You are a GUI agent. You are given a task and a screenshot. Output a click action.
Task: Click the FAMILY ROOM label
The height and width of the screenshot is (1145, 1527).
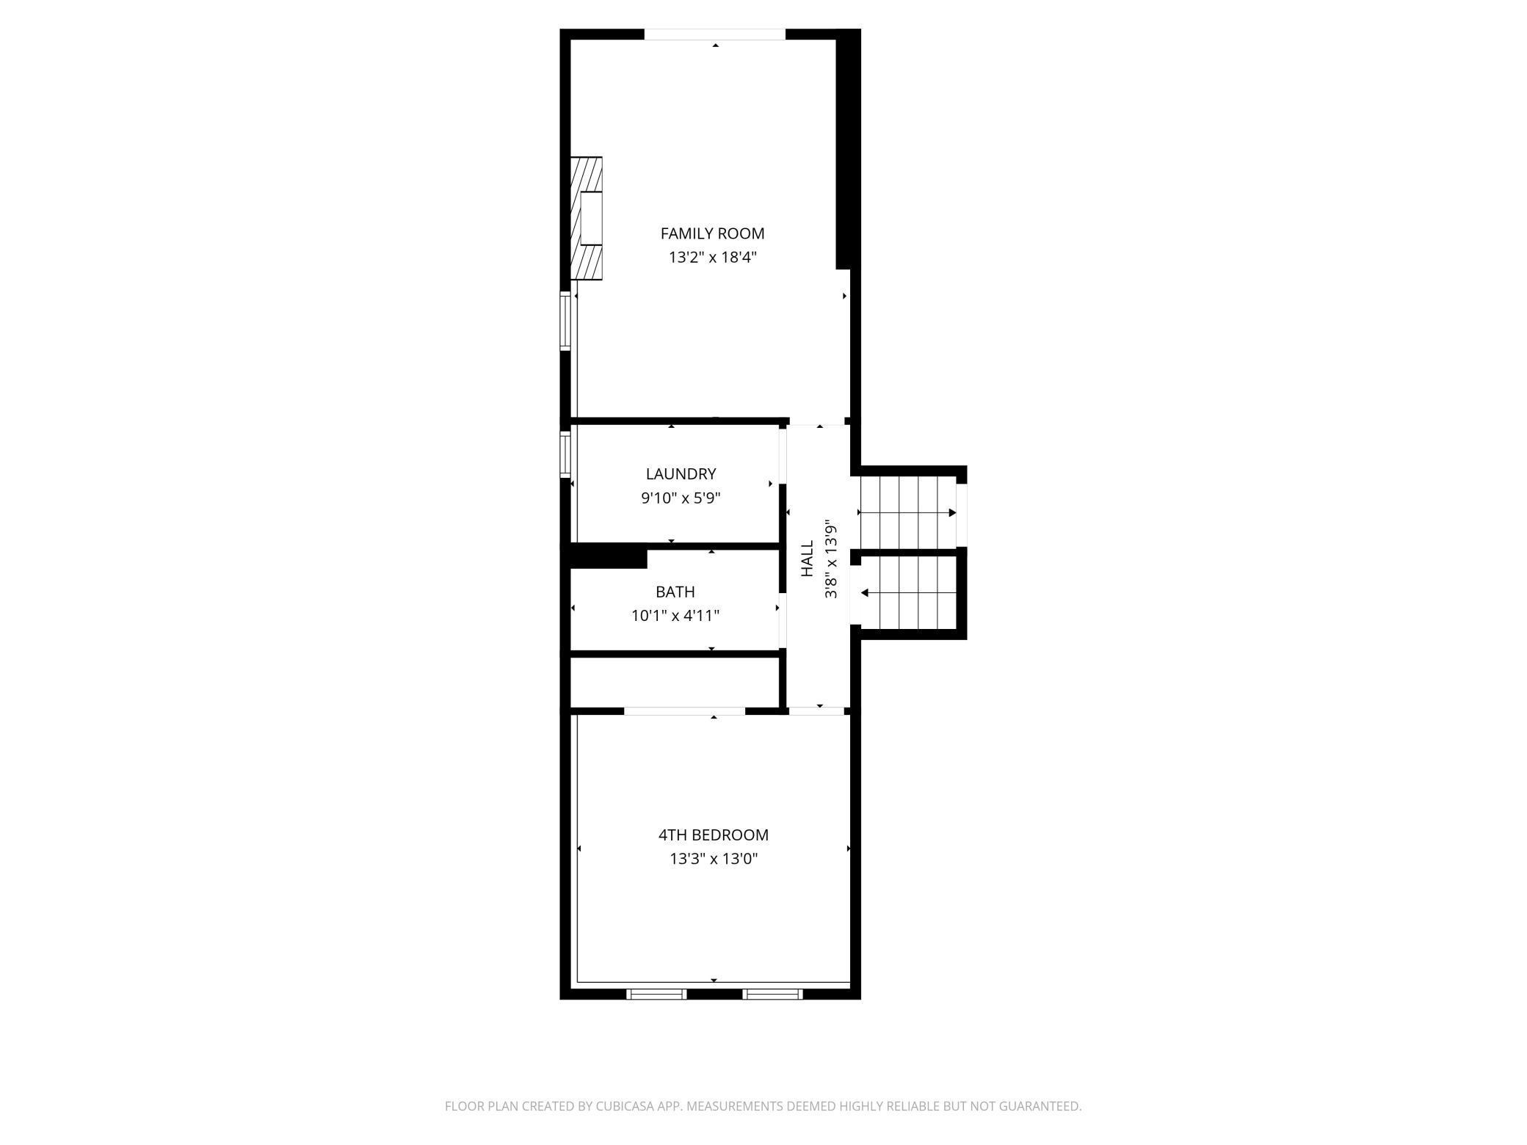(x=712, y=233)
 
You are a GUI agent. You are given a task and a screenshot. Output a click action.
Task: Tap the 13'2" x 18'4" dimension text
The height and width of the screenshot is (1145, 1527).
(x=712, y=258)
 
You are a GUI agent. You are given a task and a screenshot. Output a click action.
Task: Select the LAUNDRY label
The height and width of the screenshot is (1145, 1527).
(x=681, y=474)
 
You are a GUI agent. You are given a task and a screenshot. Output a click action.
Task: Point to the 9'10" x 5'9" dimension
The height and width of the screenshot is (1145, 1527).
(x=681, y=498)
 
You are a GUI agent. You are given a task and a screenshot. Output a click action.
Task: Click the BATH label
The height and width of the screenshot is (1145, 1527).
(x=675, y=592)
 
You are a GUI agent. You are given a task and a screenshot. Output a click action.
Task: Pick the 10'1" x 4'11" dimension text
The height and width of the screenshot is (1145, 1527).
(x=675, y=616)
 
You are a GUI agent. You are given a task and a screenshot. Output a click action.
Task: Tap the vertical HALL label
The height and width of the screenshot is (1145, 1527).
(x=807, y=559)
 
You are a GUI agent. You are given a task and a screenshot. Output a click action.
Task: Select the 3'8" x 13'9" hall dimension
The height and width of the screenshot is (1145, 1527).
(x=830, y=559)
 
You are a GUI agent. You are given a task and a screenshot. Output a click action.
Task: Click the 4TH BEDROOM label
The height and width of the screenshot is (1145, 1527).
(x=713, y=835)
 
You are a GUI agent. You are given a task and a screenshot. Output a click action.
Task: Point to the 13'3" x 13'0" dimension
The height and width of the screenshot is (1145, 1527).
(x=713, y=859)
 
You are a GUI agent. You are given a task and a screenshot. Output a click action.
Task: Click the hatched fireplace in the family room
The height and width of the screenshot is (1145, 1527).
(x=587, y=218)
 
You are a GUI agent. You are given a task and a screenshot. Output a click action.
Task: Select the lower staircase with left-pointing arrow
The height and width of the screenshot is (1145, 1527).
(x=909, y=592)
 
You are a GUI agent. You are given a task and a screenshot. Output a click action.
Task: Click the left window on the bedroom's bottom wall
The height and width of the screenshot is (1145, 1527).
(x=656, y=994)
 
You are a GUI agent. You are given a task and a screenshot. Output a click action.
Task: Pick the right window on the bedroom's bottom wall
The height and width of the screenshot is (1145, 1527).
(x=772, y=994)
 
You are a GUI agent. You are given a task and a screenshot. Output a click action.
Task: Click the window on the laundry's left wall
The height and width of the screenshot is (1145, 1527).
(x=565, y=455)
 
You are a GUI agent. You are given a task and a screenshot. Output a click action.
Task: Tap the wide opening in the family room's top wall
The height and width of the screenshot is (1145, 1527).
(x=714, y=34)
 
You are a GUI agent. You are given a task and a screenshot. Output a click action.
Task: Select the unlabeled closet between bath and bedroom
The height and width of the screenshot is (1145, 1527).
(x=674, y=682)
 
